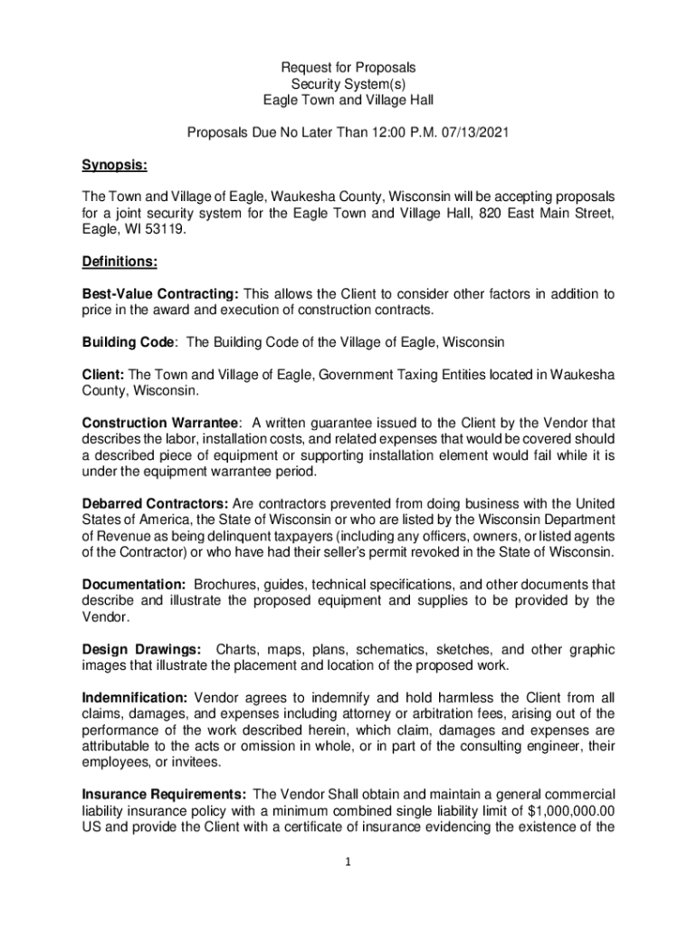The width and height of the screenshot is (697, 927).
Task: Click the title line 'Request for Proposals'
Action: tap(348, 68)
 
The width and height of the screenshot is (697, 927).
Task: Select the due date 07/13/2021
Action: tap(477, 133)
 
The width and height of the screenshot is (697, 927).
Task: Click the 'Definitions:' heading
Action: tap(120, 263)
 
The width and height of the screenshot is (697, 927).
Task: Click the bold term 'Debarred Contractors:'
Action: tap(155, 503)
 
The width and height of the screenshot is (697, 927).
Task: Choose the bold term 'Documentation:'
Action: tap(134, 584)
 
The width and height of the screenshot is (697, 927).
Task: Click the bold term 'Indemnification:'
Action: tap(135, 698)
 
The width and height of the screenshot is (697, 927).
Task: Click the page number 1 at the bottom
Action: tap(348, 862)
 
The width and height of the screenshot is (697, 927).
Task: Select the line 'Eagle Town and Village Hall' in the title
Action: tap(348, 100)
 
